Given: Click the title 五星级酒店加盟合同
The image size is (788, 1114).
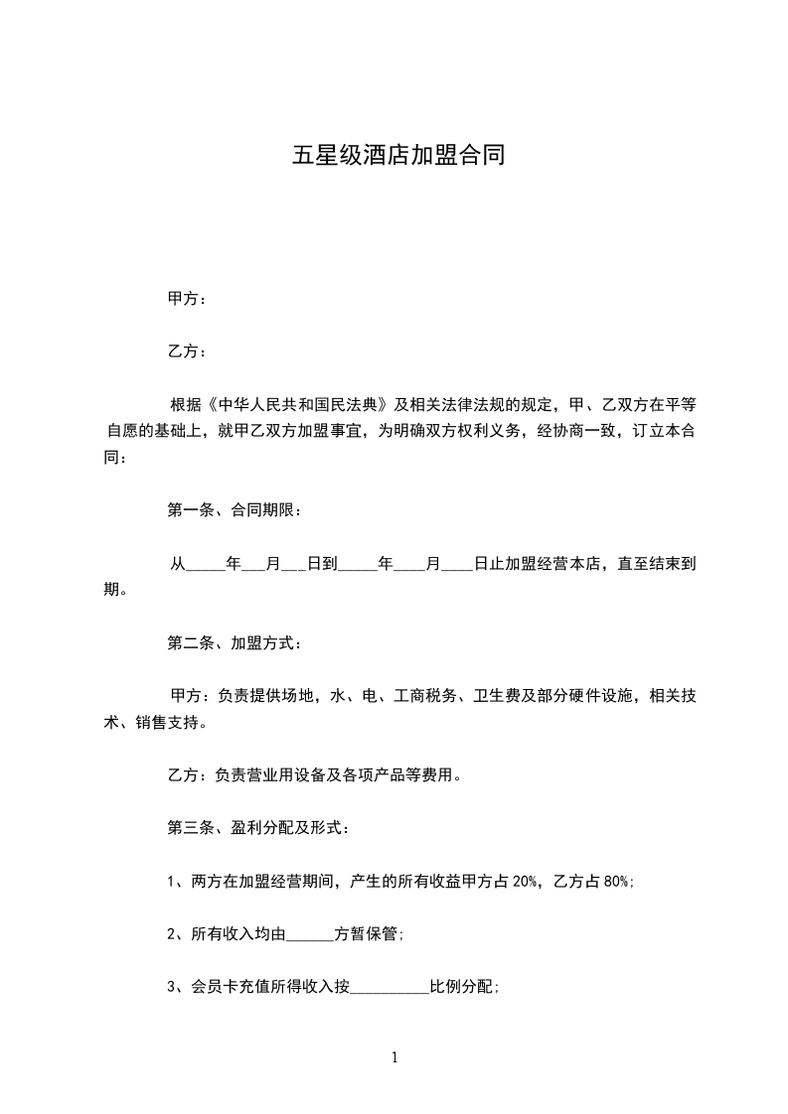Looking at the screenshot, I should [x=397, y=156].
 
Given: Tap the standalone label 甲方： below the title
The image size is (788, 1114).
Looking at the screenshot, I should [x=187, y=299].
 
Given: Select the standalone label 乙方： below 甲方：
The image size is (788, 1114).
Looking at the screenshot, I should [x=187, y=351].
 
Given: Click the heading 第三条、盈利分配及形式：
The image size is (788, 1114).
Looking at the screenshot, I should [x=256, y=827].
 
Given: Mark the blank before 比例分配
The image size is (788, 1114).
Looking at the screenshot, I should [x=390, y=987].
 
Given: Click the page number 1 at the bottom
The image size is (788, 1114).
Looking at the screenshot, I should [x=394, y=1057].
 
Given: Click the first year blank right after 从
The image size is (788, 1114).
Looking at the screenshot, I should [x=206, y=564].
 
